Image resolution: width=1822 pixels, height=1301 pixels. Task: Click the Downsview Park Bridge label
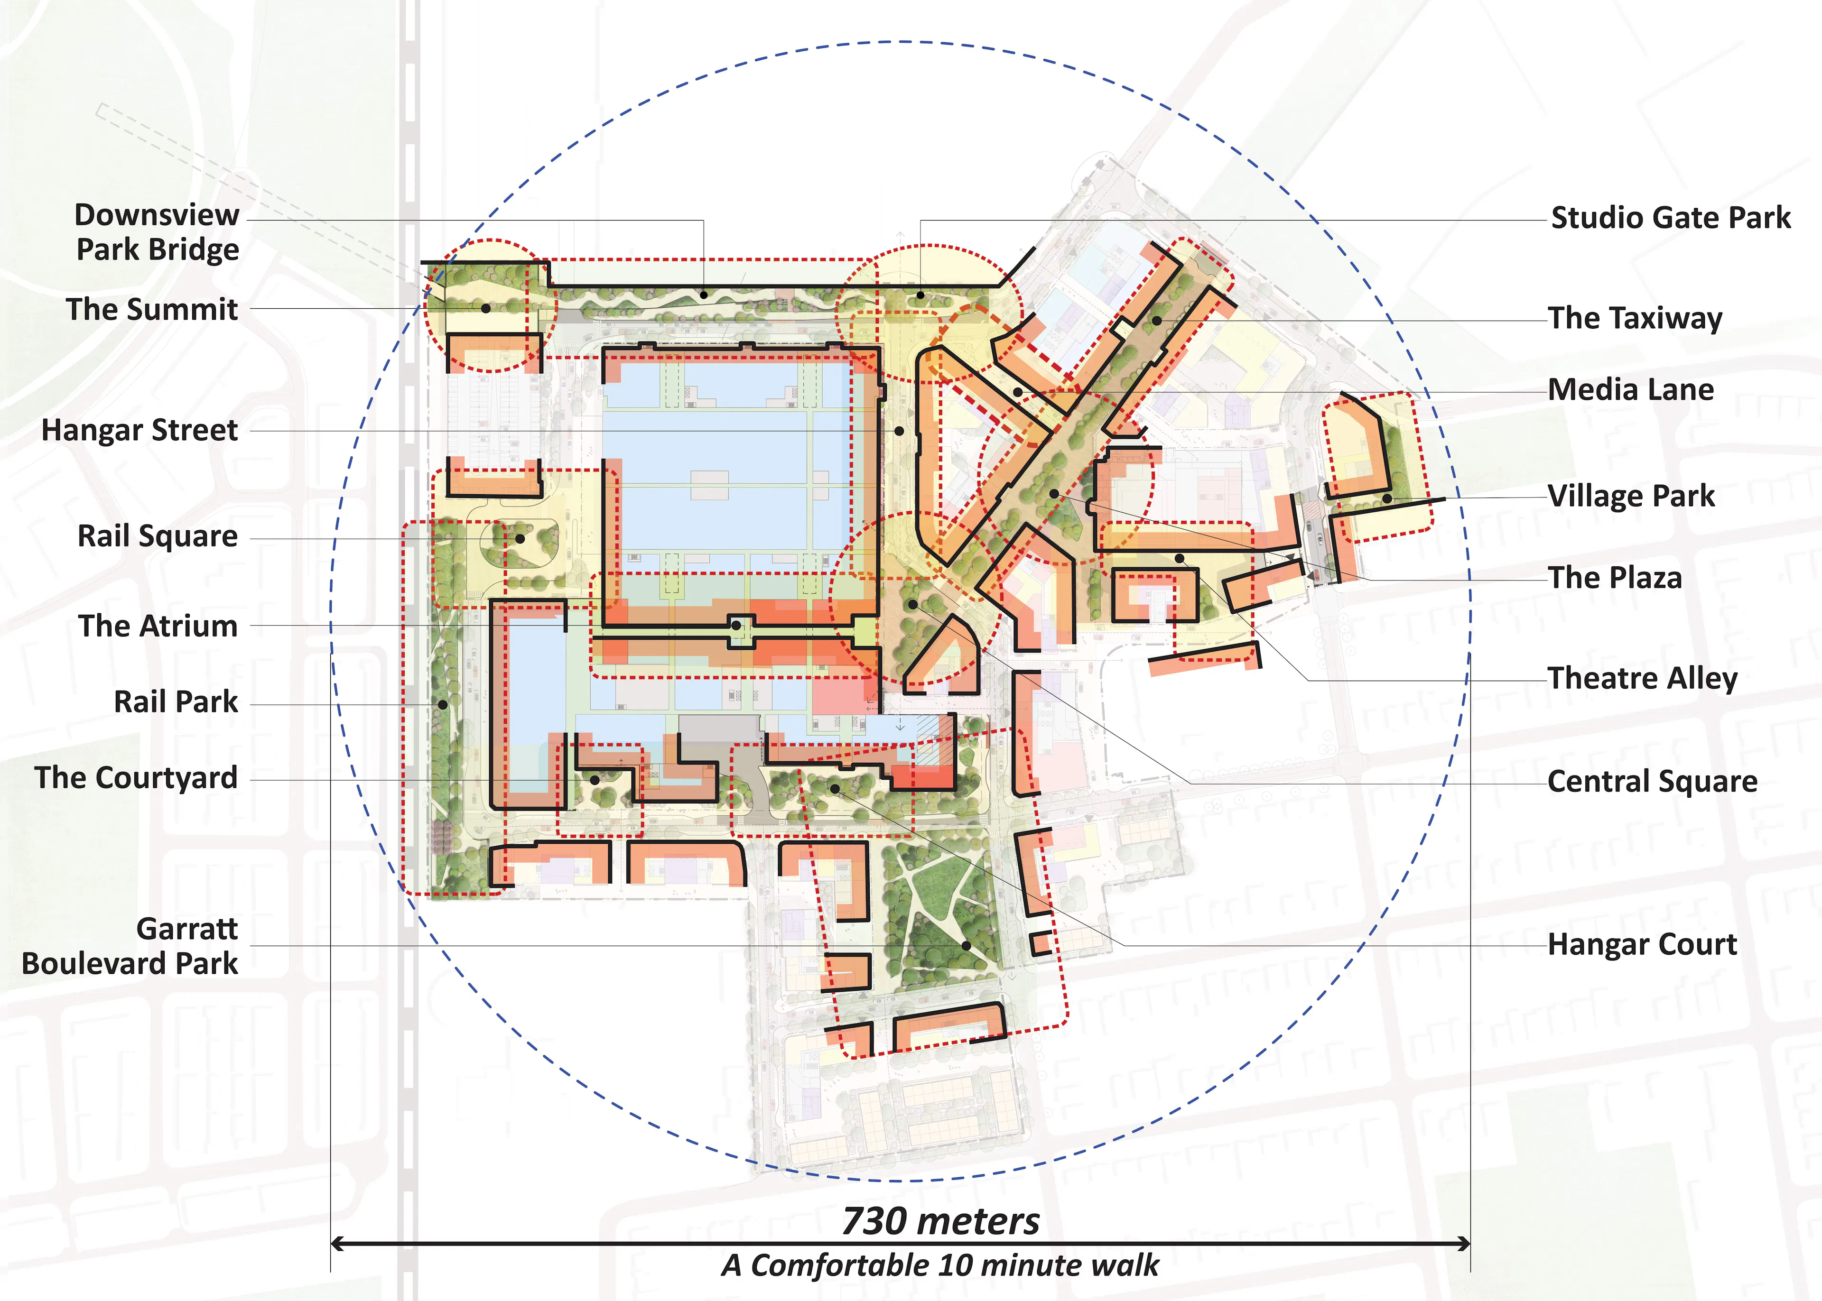click(157, 232)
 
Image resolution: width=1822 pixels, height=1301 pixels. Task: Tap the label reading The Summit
click(152, 309)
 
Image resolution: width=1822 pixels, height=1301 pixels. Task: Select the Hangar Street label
click(139, 430)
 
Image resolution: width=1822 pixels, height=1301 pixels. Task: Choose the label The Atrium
click(158, 626)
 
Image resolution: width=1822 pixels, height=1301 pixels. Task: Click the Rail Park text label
click(176, 702)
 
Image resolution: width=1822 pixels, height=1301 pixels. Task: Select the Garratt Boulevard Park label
click(130, 946)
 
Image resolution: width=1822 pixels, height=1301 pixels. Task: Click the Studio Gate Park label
click(1671, 218)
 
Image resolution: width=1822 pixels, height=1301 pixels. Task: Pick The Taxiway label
click(1635, 318)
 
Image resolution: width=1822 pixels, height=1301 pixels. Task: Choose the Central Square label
click(1652, 781)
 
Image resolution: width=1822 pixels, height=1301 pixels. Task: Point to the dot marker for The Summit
click(485, 308)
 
